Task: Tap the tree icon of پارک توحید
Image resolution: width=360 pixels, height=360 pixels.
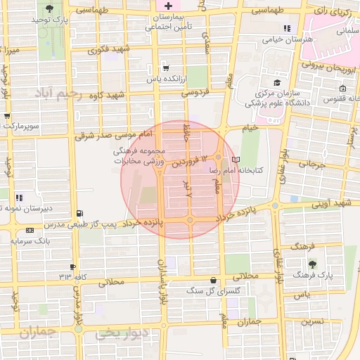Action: coord(49,9)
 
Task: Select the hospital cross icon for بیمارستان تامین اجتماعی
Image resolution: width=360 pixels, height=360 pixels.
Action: coord(168,5)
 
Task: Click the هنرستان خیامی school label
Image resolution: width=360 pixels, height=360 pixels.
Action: coord(286,40)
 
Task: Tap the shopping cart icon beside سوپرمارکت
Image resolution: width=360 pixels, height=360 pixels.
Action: coord(7,116)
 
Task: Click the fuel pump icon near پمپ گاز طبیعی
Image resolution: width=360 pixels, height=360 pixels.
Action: coord(79,213)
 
